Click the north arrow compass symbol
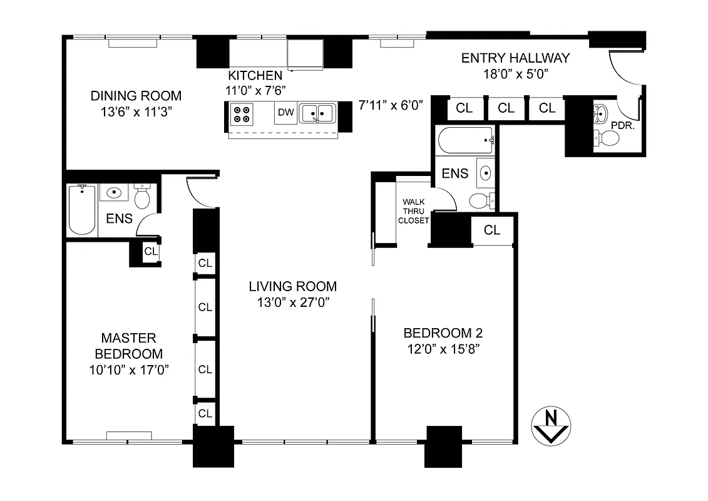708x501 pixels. [550, 426]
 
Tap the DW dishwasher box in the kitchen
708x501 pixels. [286, 113]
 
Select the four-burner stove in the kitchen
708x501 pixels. [242, 114]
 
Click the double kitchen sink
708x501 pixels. [317, 113]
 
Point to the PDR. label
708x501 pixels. [623, 125]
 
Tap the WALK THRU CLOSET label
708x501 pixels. [415, 211]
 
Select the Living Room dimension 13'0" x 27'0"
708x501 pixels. [292, 302]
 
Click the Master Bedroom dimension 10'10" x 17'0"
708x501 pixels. [130, 370]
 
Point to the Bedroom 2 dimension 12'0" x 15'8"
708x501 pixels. [443, 349]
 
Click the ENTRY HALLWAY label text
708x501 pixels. [515, 58]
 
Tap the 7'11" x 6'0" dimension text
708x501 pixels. [392, 105]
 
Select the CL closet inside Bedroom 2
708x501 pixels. [492, 230]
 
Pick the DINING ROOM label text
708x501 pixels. [136, 96]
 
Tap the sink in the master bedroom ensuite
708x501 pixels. [114, 193]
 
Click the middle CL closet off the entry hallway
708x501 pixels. [506, 108]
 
